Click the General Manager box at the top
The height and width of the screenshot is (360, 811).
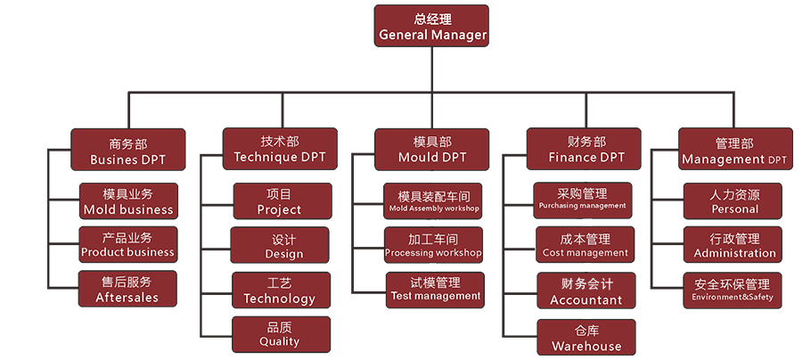432,26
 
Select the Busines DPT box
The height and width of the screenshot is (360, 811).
128,150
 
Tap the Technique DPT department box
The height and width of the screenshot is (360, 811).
280,149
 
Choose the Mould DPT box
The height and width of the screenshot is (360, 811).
432,149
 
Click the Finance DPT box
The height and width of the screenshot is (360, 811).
585,149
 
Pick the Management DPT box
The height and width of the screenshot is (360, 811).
734,150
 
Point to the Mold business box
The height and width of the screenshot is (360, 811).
128,200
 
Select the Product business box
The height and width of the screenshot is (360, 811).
128,244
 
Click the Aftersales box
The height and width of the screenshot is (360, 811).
128,289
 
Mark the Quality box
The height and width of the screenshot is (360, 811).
279,333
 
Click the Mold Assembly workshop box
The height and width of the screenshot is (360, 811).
434,200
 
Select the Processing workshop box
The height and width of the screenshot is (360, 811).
433,245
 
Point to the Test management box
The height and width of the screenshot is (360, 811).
435,289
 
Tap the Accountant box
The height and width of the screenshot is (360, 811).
586,291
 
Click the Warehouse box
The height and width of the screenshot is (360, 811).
586,337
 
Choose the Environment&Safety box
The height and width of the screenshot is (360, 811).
733,290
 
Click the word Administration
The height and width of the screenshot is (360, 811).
734,253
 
